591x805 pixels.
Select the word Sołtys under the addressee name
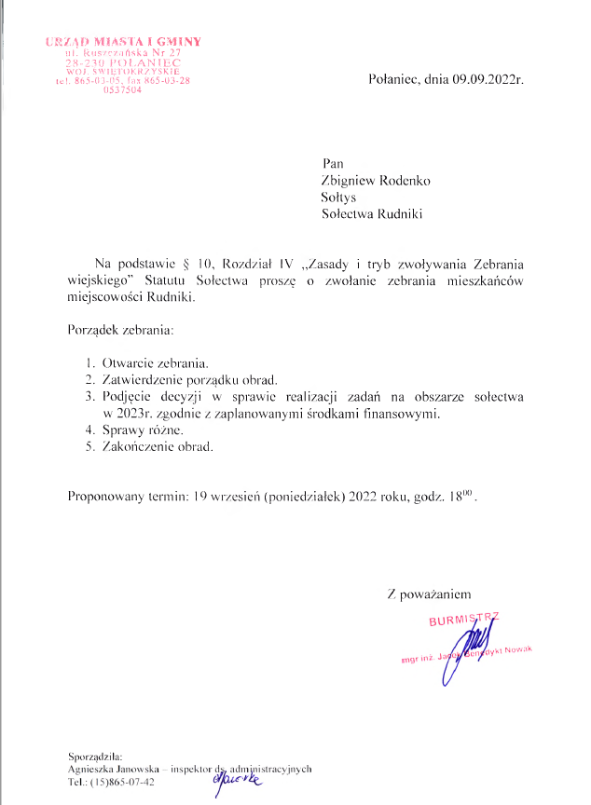point(338,198)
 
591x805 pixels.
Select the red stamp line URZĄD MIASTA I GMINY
point(123,42)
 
